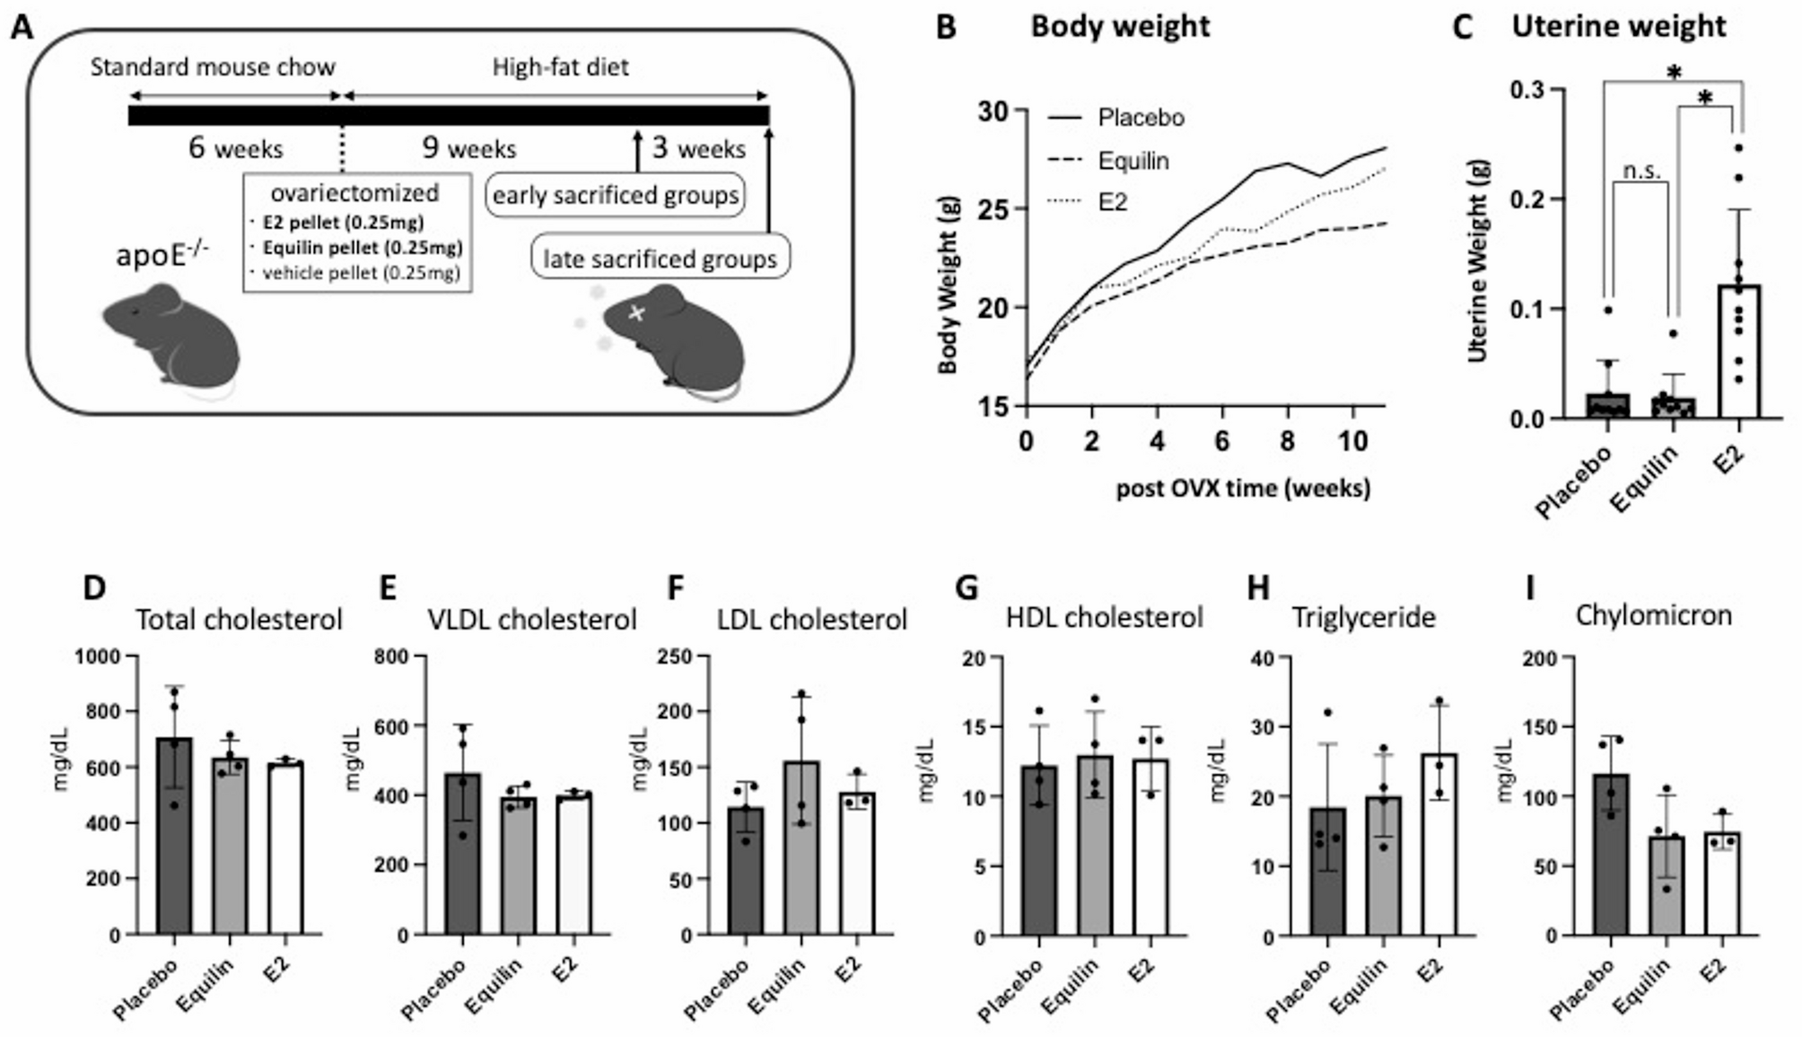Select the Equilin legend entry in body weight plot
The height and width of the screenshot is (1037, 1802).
click(1133, 161)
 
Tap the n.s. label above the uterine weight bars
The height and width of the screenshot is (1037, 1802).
click(1641, 171)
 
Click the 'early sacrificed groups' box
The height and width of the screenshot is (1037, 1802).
click(616, 195)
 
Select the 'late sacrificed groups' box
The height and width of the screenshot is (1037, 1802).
click(660, 259)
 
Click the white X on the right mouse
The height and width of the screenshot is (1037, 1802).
click(636, 313)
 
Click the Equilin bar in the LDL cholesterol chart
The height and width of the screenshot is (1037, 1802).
click(801, 848)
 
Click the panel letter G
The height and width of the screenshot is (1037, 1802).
click(966, 588)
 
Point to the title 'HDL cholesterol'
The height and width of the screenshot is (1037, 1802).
click(1104, 618)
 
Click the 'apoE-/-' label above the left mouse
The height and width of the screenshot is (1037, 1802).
click(162, 255)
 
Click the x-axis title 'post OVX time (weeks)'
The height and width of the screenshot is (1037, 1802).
click(1243, 488)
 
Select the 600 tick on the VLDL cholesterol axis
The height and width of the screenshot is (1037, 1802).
click(391, 726)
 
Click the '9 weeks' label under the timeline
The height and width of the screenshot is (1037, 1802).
click(468, 148)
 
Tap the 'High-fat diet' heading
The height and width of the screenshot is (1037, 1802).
click(560, 67)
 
